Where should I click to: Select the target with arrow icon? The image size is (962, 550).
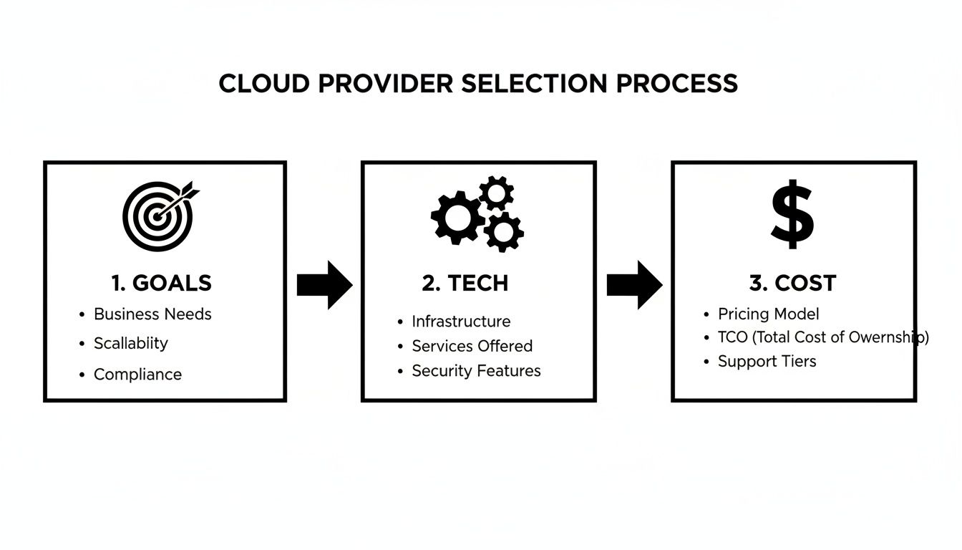point(159,214)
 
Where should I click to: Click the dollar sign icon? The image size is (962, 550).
point(792,215)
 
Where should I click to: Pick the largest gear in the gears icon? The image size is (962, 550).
point(457,217)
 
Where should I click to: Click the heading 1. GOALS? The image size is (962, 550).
point(162,283)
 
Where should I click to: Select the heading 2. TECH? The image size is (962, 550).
point(465,283)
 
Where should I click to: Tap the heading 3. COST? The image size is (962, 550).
point(792,283)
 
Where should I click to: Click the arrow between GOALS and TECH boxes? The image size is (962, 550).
point(324,285)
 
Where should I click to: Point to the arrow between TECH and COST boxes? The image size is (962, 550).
point(634,285)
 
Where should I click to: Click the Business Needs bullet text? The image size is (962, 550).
point(152,314)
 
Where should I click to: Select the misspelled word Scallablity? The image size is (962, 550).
point(131,343)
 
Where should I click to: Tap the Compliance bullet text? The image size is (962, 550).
point(137,375)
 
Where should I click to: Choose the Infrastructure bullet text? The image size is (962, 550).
point(461,322)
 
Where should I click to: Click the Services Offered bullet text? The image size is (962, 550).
point(472,346)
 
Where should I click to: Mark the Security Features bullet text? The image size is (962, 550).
point(476,371)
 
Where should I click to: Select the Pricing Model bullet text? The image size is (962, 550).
point(769,314)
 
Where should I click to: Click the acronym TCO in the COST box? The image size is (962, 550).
point(732,337)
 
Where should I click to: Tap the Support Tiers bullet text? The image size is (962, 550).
point(767,361)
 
